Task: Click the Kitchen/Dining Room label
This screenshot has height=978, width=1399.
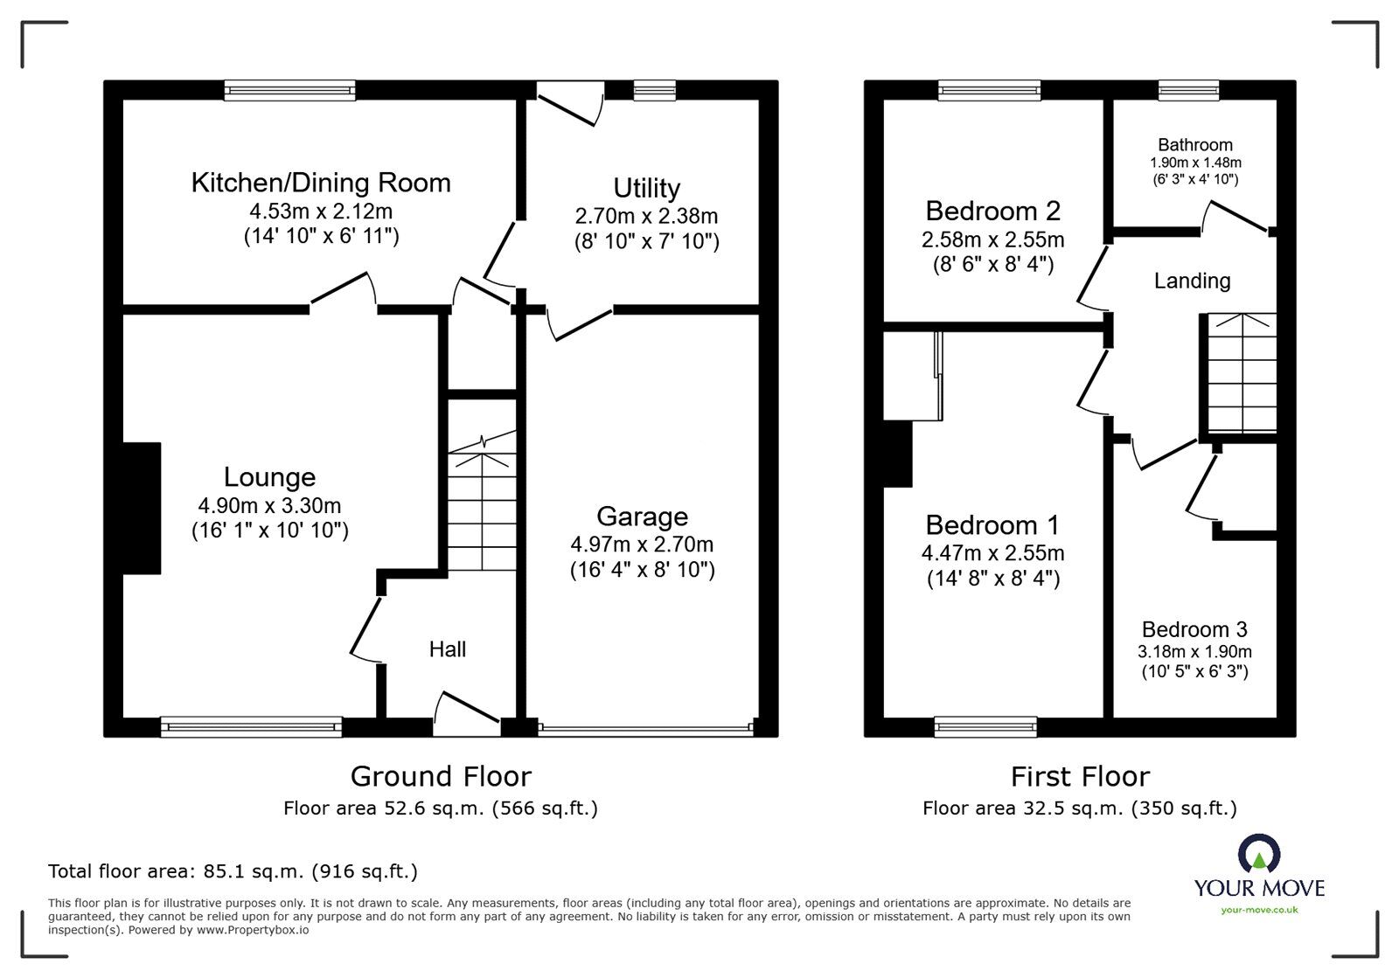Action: pyautogui.click(x=321, y=183)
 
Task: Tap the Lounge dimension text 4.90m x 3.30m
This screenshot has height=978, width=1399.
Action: pyautogui.click(x=269, y=505)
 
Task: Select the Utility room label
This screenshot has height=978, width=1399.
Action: pyautogui.click(x=646, y=188)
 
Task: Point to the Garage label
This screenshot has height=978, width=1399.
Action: pyautogui.click(x=642, y=517)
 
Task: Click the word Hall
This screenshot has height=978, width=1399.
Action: pyautogui.click(x=447, y=649)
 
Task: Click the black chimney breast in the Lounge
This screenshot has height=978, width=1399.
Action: pyautogui.click(x=142, y=508)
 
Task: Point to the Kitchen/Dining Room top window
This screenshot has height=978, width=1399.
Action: pyautogui.click(x=289, y=89)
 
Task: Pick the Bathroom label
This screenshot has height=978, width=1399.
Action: pyautogui.click(x=1194, y=145)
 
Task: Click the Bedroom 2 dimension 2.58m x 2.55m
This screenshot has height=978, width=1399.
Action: pyautogui.click(x=992, y=239)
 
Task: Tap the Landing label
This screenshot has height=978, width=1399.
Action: pyautogui.click(x=1192, y=281)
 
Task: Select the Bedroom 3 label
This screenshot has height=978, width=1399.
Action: pyautogui.click(x=1194, y=629)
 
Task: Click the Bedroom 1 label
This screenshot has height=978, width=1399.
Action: pyautogui.click(x=992, y=525)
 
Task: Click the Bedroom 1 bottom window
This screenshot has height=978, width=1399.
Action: pyautogui.click(x=985, y=725)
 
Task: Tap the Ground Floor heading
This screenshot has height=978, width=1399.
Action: pyautogui.click(x=441, y=776)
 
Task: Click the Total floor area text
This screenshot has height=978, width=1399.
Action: pyautogui.click(x=233, y=871)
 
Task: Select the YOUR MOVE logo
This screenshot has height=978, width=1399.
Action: pyautogui.click(x=1259, y=874)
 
